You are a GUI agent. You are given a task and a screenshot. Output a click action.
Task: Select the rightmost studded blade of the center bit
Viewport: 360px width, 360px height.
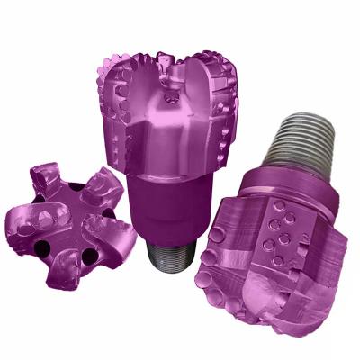coord(216,108)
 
